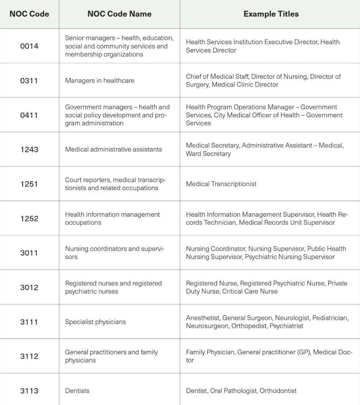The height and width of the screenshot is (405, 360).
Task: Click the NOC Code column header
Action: point(29,14)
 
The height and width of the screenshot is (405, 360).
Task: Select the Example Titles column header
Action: point(271,14)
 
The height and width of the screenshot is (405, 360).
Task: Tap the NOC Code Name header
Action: point(119,14)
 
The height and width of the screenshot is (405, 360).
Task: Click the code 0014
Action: point(29,46)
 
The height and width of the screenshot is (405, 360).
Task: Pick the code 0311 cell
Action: point(29,81)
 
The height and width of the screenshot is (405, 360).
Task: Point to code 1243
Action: point(29,150)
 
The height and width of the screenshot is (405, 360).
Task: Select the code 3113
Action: point(29,391)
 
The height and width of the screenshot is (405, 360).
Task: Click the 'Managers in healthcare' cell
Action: point(100,81)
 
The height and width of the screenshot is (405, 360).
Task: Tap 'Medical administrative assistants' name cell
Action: point(114,150)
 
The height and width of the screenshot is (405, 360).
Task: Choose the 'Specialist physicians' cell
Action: point(95,322)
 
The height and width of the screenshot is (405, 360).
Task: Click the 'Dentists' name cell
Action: point(77,391)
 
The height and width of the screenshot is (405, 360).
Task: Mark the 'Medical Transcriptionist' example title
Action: point(221,184)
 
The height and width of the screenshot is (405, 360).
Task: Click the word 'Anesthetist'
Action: point(203,318)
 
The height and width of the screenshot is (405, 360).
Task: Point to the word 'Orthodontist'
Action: point(278,391)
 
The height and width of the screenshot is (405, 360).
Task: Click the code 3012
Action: point(29,288)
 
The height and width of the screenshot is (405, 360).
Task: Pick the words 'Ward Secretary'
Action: point(208,154)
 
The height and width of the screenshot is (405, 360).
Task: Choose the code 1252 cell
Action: point(29,218)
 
